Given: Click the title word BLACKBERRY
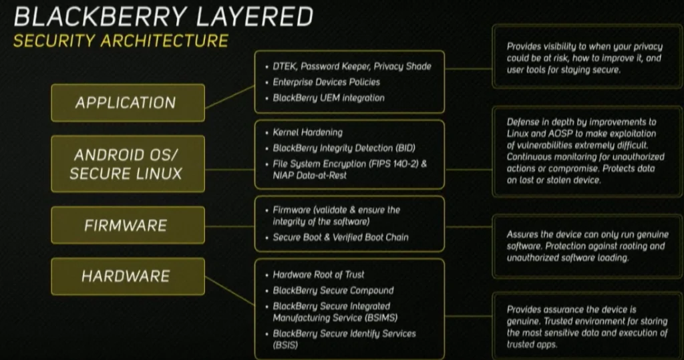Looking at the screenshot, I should point(88,16).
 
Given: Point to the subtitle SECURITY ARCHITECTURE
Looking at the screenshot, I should point(121,41).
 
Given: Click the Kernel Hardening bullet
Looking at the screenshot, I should point(307,133).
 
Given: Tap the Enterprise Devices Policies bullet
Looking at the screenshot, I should point(326,82).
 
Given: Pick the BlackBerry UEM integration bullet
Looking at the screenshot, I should point(329,98).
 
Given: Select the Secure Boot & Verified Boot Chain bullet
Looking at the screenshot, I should point(341,237).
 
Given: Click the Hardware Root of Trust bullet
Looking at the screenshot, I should point(319,275).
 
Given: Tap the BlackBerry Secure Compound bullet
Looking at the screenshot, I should point(333,291).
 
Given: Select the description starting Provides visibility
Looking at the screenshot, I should point(583,58).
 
